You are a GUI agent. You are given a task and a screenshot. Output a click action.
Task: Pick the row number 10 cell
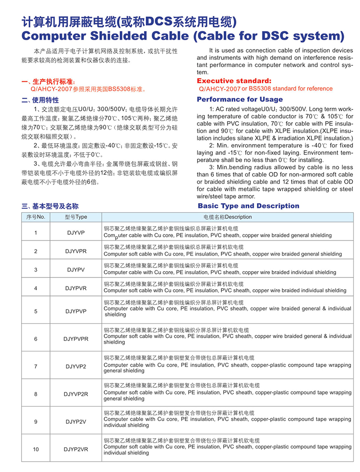(36, 449)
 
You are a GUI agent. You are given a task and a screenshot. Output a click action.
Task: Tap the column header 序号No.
(36, 217)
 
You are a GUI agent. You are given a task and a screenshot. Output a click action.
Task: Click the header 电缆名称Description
(228, 217)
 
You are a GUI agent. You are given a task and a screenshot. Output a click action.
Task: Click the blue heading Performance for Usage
(240, 99)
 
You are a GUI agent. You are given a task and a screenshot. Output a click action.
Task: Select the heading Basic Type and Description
(248, 206)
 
